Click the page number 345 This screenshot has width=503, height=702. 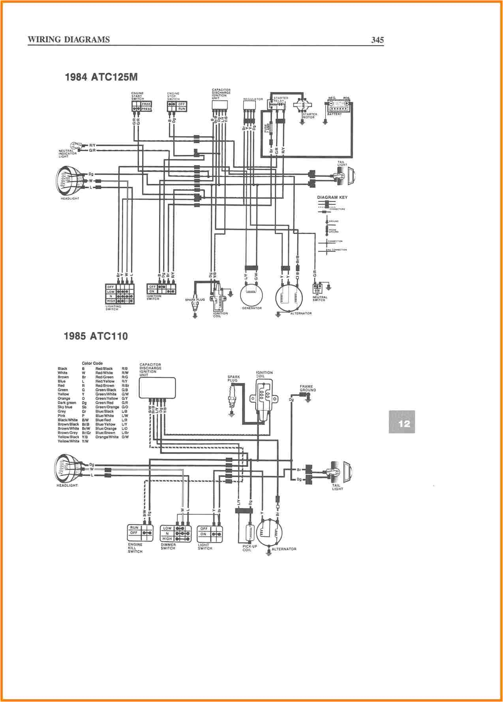[x=377, y=40]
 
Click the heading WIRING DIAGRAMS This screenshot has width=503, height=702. [x=69, y=40]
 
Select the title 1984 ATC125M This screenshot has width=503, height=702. [x=101, y=77]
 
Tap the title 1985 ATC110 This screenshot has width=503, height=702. [x=96, y=336]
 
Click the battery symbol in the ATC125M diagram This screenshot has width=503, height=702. [x=339, y=108]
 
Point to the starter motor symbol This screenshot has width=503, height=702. [x=302, y=106]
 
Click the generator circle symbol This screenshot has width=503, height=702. [x=251, y=294]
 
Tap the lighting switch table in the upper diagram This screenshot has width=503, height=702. [x=120, y=294]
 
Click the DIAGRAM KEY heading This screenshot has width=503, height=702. [x=332, y=197]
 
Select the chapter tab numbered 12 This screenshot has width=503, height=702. [x=402, y=422]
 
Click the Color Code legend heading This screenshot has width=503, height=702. [x=92, y=363]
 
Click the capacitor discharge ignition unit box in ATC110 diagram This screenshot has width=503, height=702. [x=157, y=388]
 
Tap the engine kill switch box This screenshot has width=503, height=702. [x=141, y=533]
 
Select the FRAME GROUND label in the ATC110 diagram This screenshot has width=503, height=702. [x=308, y=388]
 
